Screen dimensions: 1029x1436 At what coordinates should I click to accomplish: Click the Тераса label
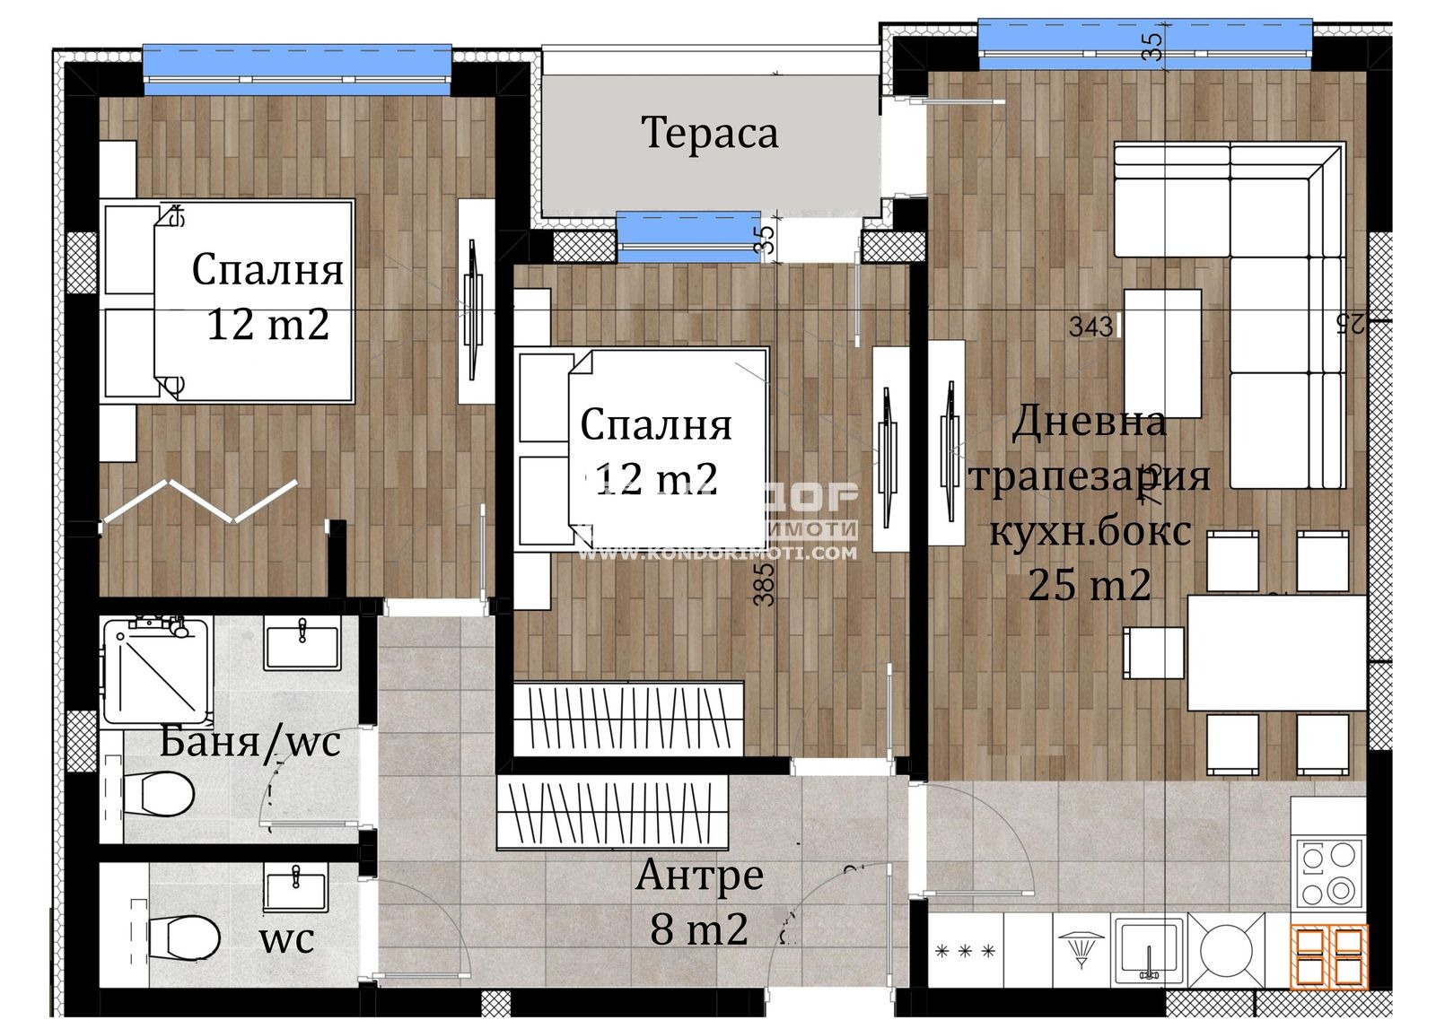[x=709, y=134]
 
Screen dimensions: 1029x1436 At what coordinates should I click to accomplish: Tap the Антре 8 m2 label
[x=699, y=902]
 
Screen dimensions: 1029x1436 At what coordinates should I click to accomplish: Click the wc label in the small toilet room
[x=286, y=939]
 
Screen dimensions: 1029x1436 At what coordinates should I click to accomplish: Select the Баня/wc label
[x=250, y=742]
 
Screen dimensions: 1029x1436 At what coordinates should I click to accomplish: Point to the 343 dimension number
[x=1090, y=327]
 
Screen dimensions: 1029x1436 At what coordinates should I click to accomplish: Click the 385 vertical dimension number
[x=764, y=584]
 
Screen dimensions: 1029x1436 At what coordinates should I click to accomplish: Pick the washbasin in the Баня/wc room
[x=302, y=645]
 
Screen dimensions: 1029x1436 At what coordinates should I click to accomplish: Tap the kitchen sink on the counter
[x=1148, y=952]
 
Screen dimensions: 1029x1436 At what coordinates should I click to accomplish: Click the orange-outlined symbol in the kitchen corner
[x=1329, y=956]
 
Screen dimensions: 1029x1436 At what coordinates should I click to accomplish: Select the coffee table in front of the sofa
[x=1162, y=353]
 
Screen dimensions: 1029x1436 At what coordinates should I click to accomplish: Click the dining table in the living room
[x=1275, y=652]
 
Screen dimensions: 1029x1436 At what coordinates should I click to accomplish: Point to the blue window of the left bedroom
[x=297, y=69]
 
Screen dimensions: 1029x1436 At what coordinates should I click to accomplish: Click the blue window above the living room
[x=1144, y=43]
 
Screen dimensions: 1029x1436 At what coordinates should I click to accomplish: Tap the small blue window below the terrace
[x=688, y=236]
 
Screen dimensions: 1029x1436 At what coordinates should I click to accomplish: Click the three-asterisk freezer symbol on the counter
[x=965, y=950]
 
